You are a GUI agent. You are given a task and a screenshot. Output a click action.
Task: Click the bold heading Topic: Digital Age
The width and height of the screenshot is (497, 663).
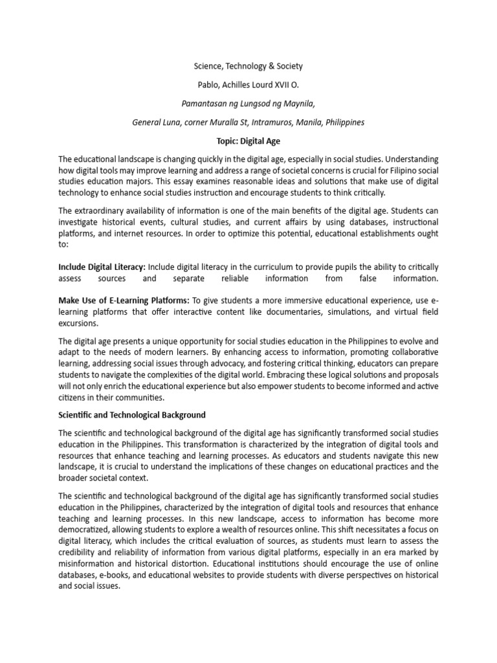click(x=248, y=140)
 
